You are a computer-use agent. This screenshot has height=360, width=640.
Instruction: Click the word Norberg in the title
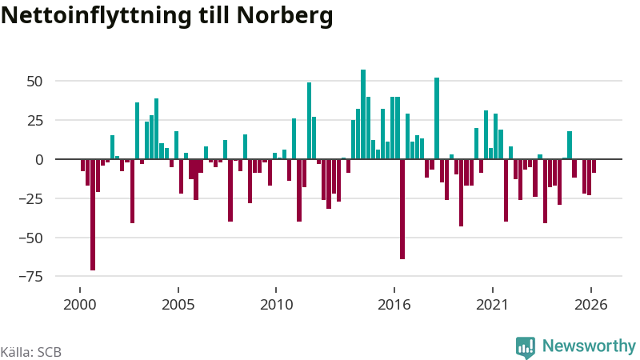click(x=285, y=15)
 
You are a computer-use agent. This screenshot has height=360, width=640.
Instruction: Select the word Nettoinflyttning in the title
click(x=96, y=15)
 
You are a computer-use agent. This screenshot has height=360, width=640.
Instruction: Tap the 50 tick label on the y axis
click(x=34, y=82)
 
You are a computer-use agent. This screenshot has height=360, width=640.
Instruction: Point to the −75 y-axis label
click(x=31, y=277)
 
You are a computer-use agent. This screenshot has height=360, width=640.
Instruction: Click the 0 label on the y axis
click(x=39, y=159)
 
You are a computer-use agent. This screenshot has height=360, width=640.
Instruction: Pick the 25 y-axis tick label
click(x=34, y=121)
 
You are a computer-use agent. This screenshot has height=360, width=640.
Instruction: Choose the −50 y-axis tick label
click(x=31, y=238)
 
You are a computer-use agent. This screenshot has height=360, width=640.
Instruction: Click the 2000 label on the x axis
click(x=80, y=305)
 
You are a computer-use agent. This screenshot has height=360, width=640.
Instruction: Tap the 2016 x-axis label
click(x=394, y=305)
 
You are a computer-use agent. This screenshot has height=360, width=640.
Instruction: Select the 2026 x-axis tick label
click(x=591, y=305)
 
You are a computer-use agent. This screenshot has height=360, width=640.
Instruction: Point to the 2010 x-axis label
click(x=276, y=305)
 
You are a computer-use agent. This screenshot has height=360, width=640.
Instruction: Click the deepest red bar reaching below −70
click(x=93, y=214)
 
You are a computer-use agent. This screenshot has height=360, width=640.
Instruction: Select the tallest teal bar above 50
click(x=363, y=114)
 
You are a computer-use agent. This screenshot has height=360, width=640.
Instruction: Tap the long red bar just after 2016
click(x=402, y=209)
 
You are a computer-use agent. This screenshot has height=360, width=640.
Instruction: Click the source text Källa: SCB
click(x=31, y=352)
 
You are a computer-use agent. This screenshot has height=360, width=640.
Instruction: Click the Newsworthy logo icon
click(x=526, y=348)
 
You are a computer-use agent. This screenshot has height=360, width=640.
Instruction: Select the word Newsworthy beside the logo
click(x=589, y=346)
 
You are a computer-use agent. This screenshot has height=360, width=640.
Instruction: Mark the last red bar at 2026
click(x=594, y=166)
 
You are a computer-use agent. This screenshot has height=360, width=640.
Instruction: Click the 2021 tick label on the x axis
click(x=493, y=305)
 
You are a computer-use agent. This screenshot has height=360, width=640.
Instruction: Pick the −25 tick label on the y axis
click(x=31, y=198)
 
